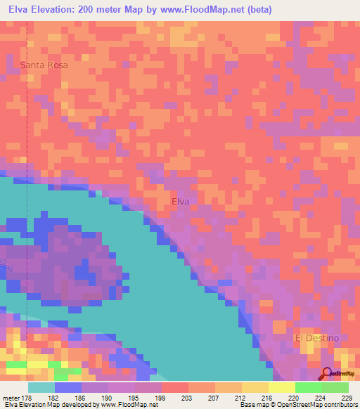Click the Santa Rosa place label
click(x=44, y=65)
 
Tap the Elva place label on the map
click(x=181, y=201)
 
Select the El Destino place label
click(x=316, y=338)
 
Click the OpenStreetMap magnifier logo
click(x=327, y=373)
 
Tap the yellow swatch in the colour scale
click(x=281, y=387)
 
